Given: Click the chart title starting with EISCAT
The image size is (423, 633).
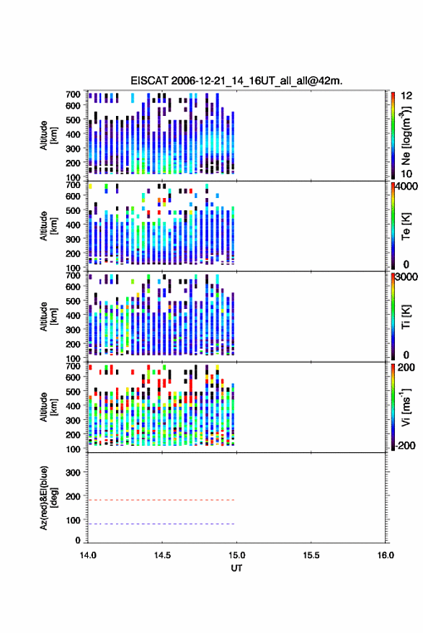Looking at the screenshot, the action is [236, 81].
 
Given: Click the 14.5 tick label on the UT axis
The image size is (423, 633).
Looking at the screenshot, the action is [162, 555].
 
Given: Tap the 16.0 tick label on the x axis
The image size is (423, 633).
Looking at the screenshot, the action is [386, 555].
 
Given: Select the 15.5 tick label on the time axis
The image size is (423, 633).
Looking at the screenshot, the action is [311, 555].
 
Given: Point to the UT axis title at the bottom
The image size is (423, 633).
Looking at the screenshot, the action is [236, 568].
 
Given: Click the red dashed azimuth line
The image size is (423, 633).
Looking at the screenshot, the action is [161, 500].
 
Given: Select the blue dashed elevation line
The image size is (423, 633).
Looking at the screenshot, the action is [161, 524].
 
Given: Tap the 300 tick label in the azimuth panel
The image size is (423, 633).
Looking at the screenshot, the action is [73, 472].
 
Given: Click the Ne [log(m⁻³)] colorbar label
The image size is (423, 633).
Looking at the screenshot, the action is [406, 135].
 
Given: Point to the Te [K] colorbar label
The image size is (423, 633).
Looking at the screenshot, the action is [406, 226].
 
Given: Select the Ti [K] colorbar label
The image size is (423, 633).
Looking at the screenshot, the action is [406, 317].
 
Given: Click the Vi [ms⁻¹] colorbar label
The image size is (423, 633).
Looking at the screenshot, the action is [406, 407].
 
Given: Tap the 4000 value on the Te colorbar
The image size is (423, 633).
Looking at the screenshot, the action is [406, 187].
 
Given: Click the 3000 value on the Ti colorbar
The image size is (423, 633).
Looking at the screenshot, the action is [406, 277].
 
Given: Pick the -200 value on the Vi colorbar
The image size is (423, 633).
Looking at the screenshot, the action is [404, 446].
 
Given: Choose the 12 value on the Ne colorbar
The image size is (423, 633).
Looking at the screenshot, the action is [406, 96].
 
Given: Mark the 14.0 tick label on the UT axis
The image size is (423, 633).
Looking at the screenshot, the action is [88, 555].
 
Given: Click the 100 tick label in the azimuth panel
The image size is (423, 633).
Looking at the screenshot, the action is [73, 521].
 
